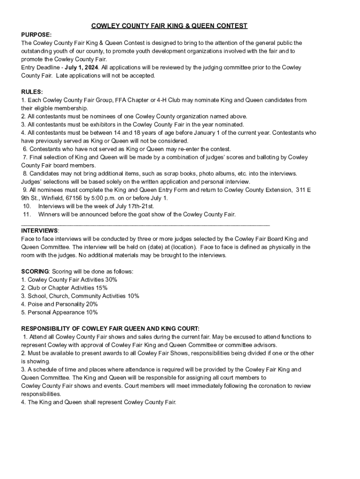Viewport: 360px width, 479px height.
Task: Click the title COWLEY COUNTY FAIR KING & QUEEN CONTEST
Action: click(x=169, y=26)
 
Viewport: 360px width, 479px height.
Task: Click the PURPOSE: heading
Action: click(x=36, y=35)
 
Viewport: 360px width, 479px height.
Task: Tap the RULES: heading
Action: click(x=32, y=92)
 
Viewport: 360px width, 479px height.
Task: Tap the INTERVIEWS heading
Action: click(x=40, y=231)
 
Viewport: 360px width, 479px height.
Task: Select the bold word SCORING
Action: click(x=35, y=271)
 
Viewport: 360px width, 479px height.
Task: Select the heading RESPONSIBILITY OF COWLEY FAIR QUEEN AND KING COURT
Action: click(x=110, y=328)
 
